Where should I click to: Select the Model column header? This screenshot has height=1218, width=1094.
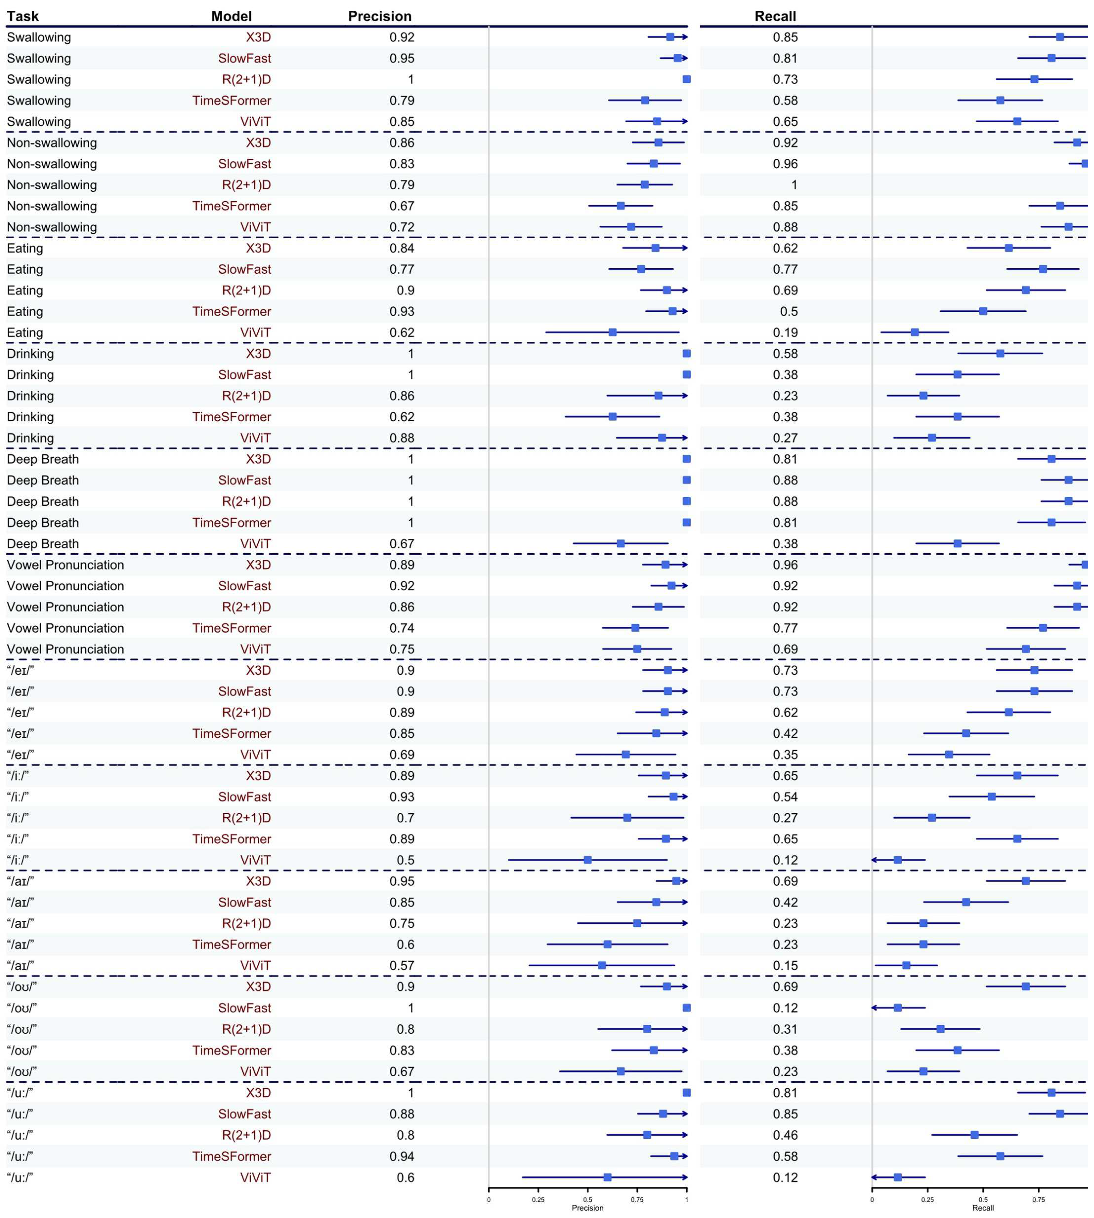(x=231, y=16)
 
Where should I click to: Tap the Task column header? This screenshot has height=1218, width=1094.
(x=23, y=16)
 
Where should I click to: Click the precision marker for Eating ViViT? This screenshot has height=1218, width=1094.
(x=612, y=332)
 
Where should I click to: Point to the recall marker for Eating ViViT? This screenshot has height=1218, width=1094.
(x=914, y=332)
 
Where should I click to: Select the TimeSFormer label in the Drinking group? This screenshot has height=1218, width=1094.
(x=231, y=417)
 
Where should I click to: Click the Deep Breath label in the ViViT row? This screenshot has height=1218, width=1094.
(x=43, y=544)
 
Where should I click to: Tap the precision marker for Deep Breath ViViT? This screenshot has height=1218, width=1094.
(x=620, y=544)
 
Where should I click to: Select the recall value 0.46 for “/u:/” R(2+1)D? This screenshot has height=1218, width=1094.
(x=785, y=1135)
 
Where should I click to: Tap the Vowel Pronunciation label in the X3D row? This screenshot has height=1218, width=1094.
(x=65, y=565)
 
